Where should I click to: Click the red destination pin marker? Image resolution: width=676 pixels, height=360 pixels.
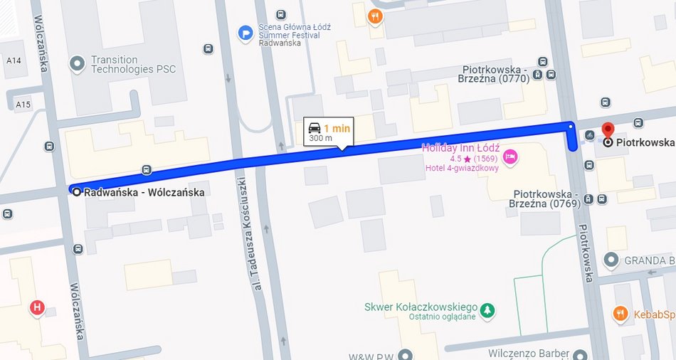pyautogui.click(x=607, y=130)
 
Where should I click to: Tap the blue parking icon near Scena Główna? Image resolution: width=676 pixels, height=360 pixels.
pyautogui.click(x=245, y=32)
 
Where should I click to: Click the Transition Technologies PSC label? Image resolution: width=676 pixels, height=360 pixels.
pyautogui.click(x=133, y=64)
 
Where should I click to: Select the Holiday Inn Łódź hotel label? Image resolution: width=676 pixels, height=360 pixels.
pyautogui.click(x=460, y=148)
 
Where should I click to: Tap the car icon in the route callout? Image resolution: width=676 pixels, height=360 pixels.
pyautogui.click(x=315, y=128)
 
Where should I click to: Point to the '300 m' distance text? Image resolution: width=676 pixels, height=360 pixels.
pyautogui.click(x=320, y=138)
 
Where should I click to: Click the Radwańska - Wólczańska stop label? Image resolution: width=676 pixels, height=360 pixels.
pyautogui.click(x=144, y=192)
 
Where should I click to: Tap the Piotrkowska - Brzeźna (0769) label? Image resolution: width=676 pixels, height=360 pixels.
pyautogui.click(x=544, y=198)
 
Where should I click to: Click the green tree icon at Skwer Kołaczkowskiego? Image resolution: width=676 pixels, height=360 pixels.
pyautogui.click(x=487, y=309)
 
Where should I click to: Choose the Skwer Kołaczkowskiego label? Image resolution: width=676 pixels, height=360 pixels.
pyautogui.click(x=421, y=307)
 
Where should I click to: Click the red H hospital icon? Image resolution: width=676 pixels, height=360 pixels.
pyautogui.click(x=36, y=307)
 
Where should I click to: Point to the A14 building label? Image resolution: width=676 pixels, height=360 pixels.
pyautogui.click(x=14, y=61)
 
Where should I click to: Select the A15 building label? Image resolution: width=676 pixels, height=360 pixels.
pyautogui.click(x=23, y=105)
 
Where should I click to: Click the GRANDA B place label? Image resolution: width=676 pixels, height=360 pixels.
pyautogui.click(x=649, y=260)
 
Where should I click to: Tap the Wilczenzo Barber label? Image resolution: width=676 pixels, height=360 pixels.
pyautogui.click(x=529, y=353)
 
